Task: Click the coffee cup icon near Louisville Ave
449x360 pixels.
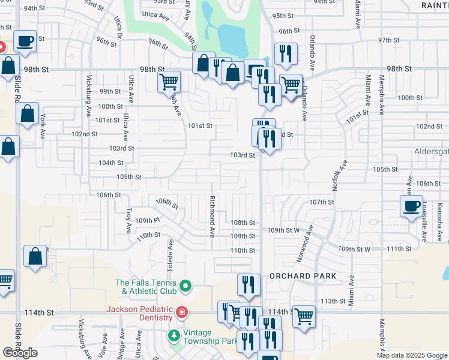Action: pyautogui.click(x=412, y=207)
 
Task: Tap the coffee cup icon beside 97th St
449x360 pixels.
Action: pyautogui.click(x=25, y=41)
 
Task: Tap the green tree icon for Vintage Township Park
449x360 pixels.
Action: pyautogui.click(x=173, y=335)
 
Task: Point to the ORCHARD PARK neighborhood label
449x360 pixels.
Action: pyautogui.click(x=303, y=276)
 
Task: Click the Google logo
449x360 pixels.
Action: pyautogui.click(x=20, y=353)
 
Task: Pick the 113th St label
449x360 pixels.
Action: pyautogui.click(x=333, y=301)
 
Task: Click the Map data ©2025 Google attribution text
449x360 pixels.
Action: pyautogui.click(x=411, y=355)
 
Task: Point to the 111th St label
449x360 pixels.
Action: pyautogui.click(x=397, y=248)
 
